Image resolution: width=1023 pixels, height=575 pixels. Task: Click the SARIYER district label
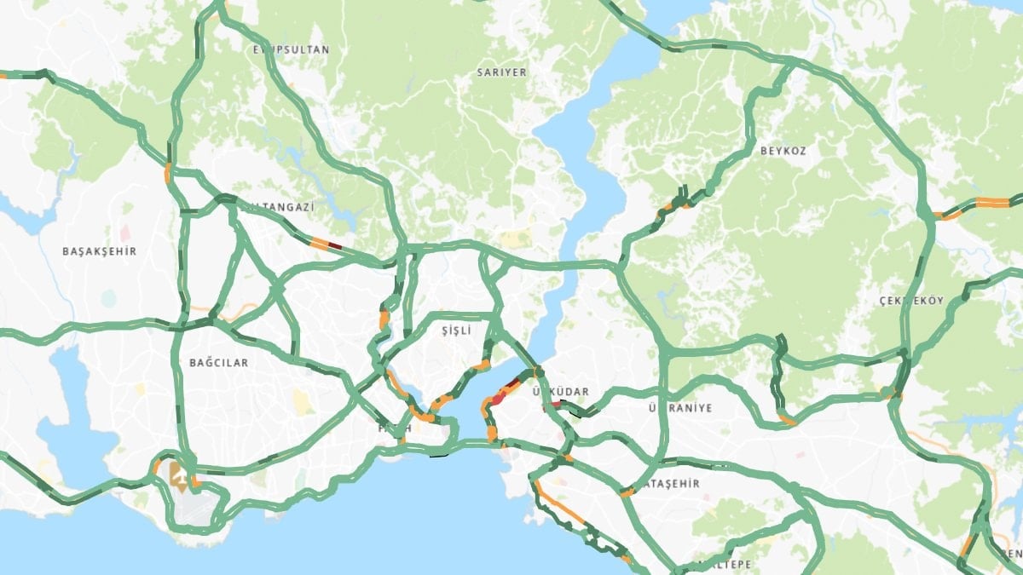coord(502,73)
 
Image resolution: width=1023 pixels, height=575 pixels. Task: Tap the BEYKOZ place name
coord(783,151)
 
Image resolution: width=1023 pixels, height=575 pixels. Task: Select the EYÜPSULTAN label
coord(291,50)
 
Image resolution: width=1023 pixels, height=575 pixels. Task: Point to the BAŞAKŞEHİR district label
coord(100,251)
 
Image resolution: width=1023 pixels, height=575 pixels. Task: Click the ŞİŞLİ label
coord(456,329)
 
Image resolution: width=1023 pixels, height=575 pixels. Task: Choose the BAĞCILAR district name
coord(219,363)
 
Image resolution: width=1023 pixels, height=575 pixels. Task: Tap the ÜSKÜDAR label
coord(560,391)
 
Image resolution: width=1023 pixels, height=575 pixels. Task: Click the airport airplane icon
coord(180,475)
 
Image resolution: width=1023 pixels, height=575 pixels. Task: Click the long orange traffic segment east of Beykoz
coord(991,203)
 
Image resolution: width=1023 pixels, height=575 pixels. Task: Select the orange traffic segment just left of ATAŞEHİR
coord(627,492)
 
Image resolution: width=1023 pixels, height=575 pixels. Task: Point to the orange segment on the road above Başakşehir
coord(168,174)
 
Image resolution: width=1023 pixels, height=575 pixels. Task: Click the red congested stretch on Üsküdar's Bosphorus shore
coord(507,388)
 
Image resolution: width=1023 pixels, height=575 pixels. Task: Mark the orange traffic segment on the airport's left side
coord(156,467)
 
